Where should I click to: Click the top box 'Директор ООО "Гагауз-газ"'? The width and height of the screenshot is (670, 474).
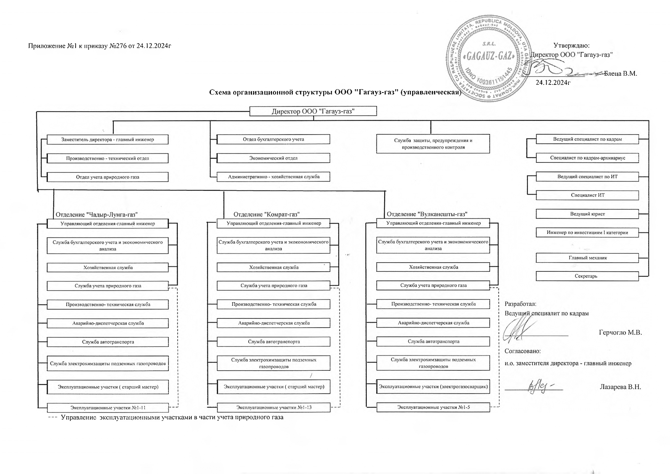coord(313,111)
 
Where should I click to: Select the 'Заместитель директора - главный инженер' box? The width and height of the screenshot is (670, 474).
coord(107,140)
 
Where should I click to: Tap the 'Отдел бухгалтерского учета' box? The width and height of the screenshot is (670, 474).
coord(273,139)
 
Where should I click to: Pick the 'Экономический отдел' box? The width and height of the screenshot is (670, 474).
coord(273,158)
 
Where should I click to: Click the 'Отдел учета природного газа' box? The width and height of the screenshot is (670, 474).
coord(107,177)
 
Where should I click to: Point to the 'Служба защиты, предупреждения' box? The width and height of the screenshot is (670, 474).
coord(433,144)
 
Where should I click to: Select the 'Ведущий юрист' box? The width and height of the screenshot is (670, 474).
coord(587,214)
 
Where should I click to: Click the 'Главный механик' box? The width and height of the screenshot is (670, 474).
coord(587,258)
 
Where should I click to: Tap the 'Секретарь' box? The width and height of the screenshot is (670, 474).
coord(587,276)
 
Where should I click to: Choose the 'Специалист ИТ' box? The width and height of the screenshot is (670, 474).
coord(587,195)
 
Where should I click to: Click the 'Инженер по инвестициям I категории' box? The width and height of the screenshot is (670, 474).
coord(587,232)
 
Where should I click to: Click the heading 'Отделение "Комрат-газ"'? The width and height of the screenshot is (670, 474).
coord(266,214)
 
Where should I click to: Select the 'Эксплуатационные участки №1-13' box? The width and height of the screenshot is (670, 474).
coord(273,407)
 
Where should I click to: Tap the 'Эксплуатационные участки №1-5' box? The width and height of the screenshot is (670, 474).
coord(433,407)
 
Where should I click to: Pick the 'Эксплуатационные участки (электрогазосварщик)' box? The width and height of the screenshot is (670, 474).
coord(433,387)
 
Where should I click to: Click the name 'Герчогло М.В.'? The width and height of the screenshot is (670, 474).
coord(620,333)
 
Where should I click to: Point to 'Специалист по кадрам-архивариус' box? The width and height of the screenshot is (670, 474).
coord(587,158)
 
